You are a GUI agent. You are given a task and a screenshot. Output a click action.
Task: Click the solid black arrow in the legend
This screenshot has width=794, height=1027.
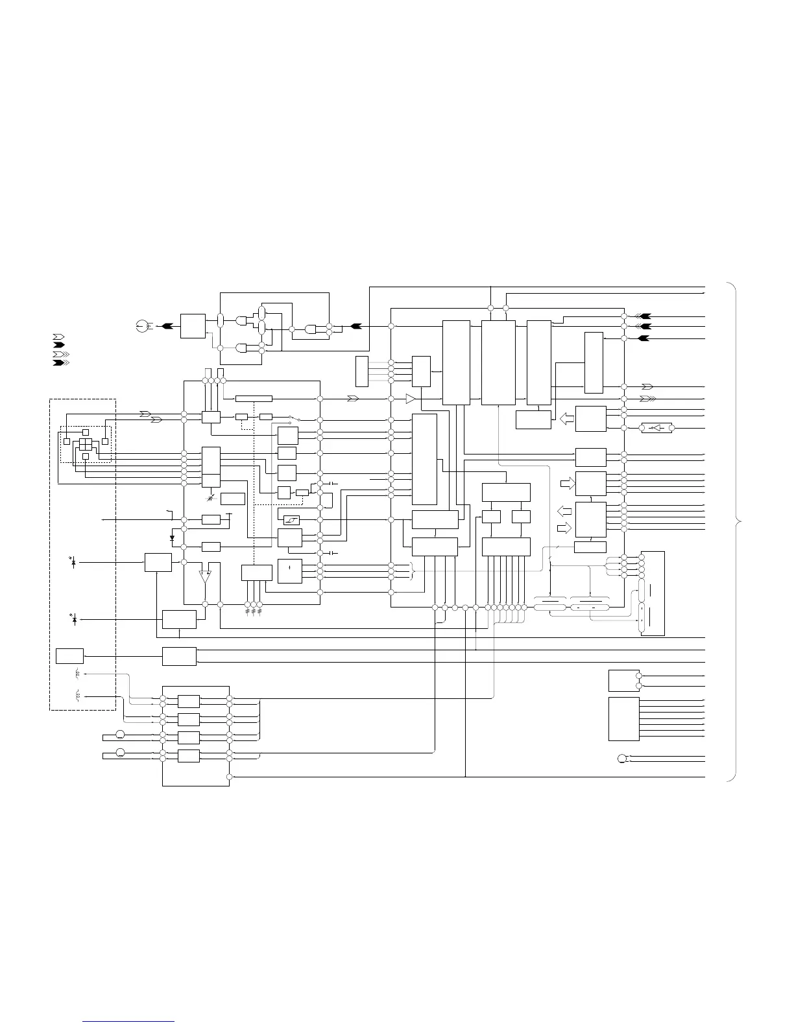tap(58, 345)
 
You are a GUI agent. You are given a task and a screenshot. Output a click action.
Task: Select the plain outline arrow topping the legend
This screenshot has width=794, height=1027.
tap(58, 336)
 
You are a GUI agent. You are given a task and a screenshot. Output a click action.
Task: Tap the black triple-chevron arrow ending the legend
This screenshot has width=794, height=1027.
tap(59, 362)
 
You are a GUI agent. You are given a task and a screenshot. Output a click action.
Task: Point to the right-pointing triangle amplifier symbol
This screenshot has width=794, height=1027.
tap(410, 398)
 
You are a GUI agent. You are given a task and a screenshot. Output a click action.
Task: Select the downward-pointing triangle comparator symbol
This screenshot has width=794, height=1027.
tap(205, 575)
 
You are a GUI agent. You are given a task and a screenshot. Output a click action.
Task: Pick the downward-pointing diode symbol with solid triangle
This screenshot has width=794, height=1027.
tap(172, 537)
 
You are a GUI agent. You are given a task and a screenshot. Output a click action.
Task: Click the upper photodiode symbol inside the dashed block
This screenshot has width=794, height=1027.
tap(73, 562)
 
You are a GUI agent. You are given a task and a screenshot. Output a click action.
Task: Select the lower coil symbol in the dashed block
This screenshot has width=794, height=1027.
tap(78, 696)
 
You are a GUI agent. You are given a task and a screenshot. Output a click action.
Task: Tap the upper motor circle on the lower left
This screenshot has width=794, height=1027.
tap(120, 735)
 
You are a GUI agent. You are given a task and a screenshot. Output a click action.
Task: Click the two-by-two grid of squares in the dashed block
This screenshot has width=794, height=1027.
tap(86, 444)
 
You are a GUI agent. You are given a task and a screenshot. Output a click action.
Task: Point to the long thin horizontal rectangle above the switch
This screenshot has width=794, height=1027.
tap(254, 398)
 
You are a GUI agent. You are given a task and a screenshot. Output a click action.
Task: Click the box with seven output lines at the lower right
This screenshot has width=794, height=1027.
tap(624, 719)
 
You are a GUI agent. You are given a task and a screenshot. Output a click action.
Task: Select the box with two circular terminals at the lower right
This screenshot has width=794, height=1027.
tap(624, 681)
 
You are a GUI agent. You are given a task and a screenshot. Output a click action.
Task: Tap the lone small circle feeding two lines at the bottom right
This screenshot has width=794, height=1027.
tap(621, 759)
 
